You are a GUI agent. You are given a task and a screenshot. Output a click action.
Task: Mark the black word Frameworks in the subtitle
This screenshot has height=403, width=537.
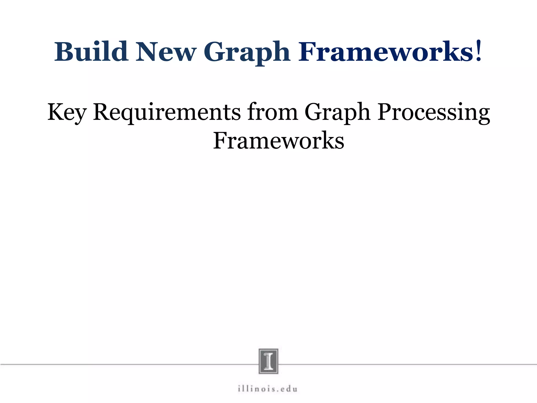point(278,141)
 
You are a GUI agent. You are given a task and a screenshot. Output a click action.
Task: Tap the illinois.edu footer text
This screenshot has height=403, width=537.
point(268,389)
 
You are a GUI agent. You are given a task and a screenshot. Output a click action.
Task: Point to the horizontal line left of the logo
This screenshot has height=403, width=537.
point(128,364)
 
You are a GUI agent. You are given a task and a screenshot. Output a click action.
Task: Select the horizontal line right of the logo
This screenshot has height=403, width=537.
point(406,364)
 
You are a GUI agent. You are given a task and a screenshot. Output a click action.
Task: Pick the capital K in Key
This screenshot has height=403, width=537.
point(56,112)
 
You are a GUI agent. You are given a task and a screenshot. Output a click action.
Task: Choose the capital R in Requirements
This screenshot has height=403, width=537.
point(102,112)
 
